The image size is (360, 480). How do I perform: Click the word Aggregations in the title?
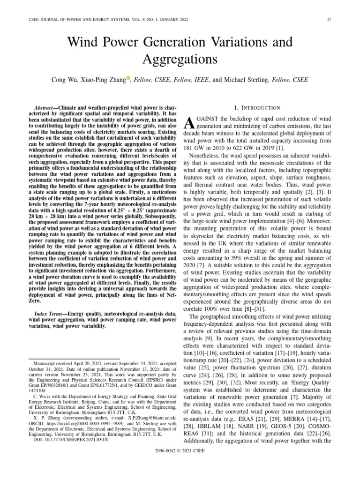pos(180,60)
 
